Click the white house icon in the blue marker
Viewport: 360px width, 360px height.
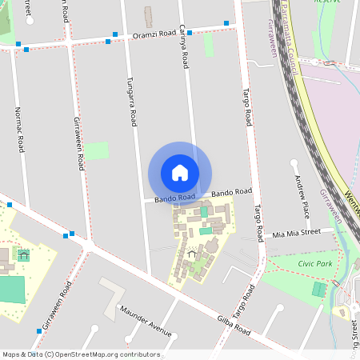[180, 172]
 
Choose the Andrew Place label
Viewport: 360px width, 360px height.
[301, 198]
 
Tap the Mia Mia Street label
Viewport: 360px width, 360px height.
[296, 233]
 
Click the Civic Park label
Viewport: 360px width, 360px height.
[314, 263]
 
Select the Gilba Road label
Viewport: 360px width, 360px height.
[234, 325]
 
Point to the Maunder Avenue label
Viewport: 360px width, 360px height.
[145, 319]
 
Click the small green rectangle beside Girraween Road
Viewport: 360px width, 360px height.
[97, 150]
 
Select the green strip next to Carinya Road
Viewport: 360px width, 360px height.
[209, 45]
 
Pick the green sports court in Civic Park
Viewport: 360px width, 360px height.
[319, 290]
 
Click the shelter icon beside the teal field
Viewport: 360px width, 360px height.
[23, 255]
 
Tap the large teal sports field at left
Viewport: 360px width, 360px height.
[11, 289]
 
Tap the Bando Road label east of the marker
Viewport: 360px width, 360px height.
[232, 192]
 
